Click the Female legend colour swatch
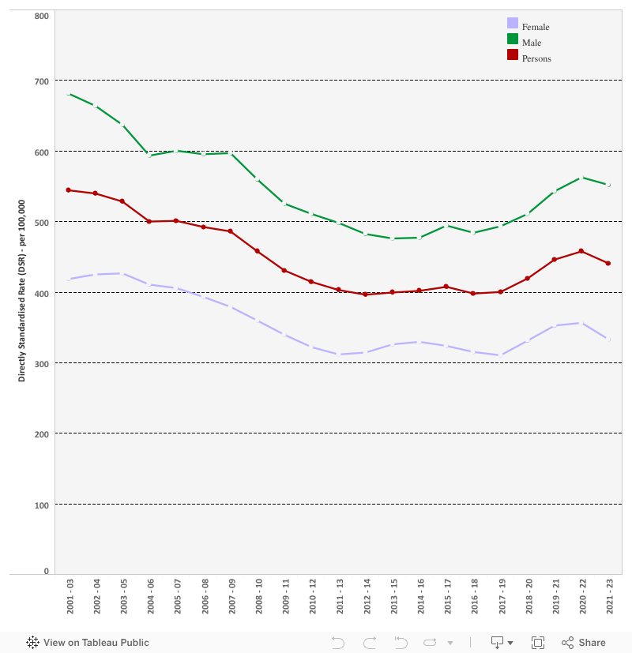click(513, 24)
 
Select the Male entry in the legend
click(532, 43)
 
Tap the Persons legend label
click(536, 58)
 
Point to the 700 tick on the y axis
click(41, 81)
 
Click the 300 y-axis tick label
click(41, 363)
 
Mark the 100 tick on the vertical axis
click(41, 505)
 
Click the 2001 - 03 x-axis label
click(70, 596)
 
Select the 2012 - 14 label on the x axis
click(366, 596)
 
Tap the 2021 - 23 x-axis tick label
click(608, 596)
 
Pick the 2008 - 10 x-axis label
click(258, 596)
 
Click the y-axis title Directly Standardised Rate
click(22, 291)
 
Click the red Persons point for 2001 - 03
click(69, 190)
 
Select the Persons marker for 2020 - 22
click(581, 251)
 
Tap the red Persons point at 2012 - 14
click(366, 295)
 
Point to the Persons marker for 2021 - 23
click(608, 263)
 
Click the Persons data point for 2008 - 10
click(258, 251)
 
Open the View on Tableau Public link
click(88, 643)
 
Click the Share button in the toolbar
click(584, 643)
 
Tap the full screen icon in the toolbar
click(538, 643)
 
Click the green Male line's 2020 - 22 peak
click(581, 178)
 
